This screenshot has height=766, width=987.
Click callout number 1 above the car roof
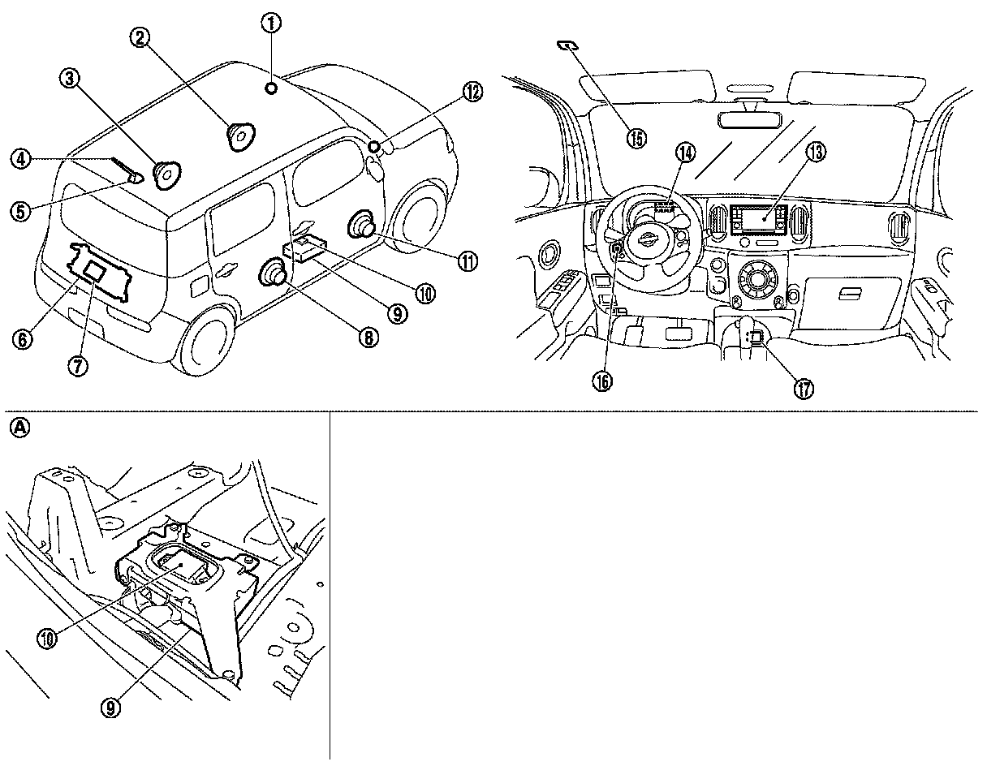[x=270, y=24]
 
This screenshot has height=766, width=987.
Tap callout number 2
[x=141, y=37]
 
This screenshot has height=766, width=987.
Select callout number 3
[x=69, y=79]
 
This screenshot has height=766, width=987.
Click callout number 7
[x=79, y=366]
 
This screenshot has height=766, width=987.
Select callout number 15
[x=637, y=138]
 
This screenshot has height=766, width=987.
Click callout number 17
[x=803, y=389]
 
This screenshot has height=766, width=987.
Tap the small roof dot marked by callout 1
[x=271, y=87]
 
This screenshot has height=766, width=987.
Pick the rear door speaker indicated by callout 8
[x=271, y=276]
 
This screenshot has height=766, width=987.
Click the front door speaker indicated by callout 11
[x=362, y=226]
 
